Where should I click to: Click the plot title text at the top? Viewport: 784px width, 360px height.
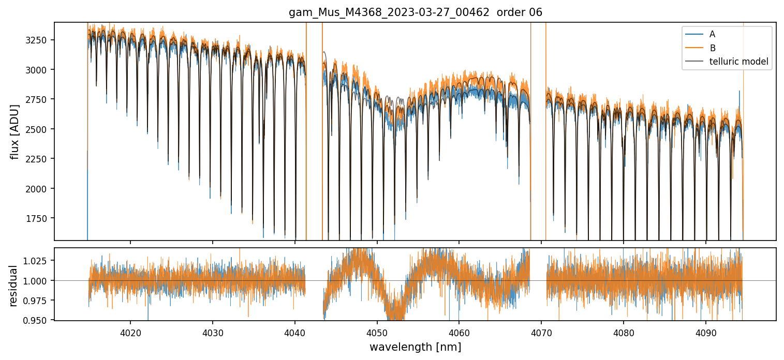[x=415, y=12]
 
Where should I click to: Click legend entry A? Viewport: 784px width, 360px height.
[x=712, y=34]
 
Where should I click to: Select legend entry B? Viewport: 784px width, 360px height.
[x=712, y=48]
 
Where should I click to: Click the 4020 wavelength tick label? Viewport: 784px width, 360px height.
[x=130, y=332]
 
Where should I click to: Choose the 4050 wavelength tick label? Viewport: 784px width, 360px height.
[x=377, y=332]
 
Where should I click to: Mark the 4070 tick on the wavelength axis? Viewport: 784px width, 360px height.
[x=541, y=332]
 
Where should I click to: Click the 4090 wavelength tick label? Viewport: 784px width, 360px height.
[x=706, y=332]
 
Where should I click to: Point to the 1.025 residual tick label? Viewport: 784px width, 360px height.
[x=38, y=261]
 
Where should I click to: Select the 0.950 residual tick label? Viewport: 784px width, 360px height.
[x=38, y=320]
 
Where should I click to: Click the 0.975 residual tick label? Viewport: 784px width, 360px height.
[x=38, y=301]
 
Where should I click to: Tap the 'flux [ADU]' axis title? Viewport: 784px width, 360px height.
[x=14, y=131]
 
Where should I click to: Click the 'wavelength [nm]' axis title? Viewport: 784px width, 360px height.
[x=415, y=347]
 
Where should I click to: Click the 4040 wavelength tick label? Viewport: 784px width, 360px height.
[x=295, y=332]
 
